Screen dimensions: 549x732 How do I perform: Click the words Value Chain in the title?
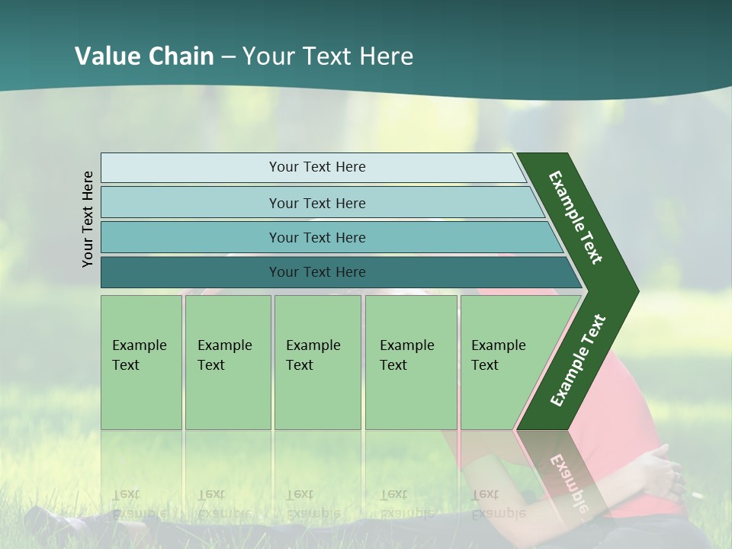144,56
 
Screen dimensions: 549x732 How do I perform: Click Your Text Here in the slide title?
328,56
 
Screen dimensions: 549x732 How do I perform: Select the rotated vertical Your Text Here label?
88,219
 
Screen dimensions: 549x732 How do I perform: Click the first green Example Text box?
141,362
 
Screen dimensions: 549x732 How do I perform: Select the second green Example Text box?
228,362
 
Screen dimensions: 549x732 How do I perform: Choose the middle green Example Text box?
317,362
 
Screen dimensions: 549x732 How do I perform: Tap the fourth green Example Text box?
411,362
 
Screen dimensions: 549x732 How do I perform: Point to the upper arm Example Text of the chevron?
576,217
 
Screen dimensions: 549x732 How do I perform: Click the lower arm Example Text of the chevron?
578,361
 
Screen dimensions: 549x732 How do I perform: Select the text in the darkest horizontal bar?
317,272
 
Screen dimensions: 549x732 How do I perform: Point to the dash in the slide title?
228,57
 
